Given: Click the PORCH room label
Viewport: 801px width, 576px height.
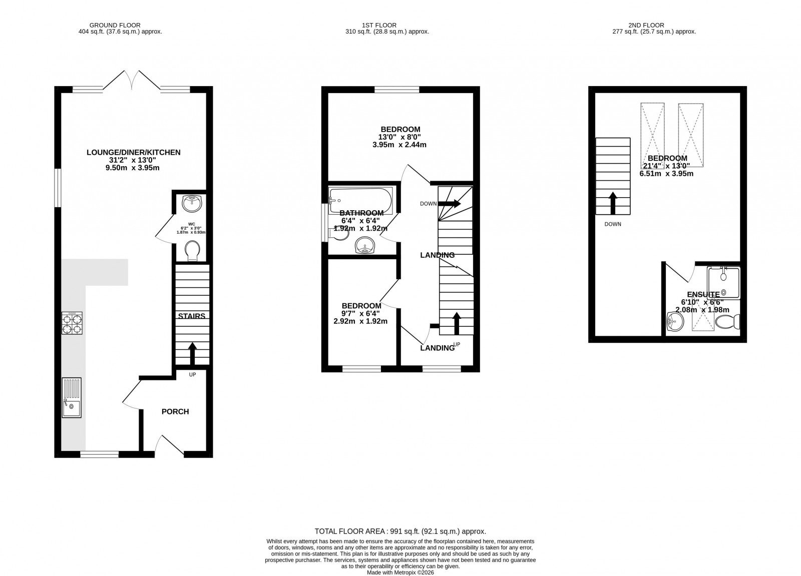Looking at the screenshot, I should tap(175, 412).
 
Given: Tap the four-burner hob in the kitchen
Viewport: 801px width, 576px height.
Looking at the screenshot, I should tap(72, 323).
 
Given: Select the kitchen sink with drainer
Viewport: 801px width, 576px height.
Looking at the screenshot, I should tap(72, 398).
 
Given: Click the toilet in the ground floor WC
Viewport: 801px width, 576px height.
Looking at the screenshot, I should tap(192, 251).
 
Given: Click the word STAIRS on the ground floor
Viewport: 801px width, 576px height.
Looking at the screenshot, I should tap(192, 316).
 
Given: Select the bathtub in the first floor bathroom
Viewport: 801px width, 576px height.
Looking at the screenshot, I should tap(361, 200).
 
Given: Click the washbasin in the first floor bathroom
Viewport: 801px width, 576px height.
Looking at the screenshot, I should tap(365, 246).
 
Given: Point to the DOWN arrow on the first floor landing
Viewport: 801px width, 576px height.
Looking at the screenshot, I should tap(449, 204).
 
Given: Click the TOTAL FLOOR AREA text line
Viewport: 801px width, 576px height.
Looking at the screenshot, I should tap(400, 531).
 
